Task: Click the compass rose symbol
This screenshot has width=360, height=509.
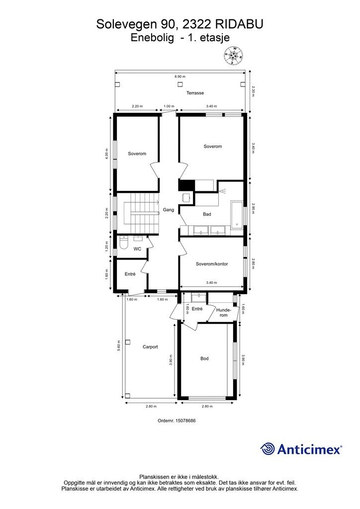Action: [233, 55]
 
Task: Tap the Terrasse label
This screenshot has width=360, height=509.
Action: [195, 93]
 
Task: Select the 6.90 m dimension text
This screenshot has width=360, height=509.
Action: [180, 77]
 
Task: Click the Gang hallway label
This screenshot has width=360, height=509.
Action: [169, 210]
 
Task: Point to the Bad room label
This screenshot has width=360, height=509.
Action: [207, 214]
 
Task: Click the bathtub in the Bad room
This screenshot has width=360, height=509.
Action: [236, 214]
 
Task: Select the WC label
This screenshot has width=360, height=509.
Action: [137, 249]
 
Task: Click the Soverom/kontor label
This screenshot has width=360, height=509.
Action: [212, 264]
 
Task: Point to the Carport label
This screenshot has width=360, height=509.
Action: [150, 346]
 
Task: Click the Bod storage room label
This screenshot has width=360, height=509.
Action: [204, 358]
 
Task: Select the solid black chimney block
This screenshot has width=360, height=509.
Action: [186, 185]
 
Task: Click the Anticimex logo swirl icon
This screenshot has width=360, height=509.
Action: [267, 449]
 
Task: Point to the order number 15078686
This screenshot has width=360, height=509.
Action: [177, 421]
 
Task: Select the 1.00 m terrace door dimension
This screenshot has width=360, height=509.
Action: [169, 106]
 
